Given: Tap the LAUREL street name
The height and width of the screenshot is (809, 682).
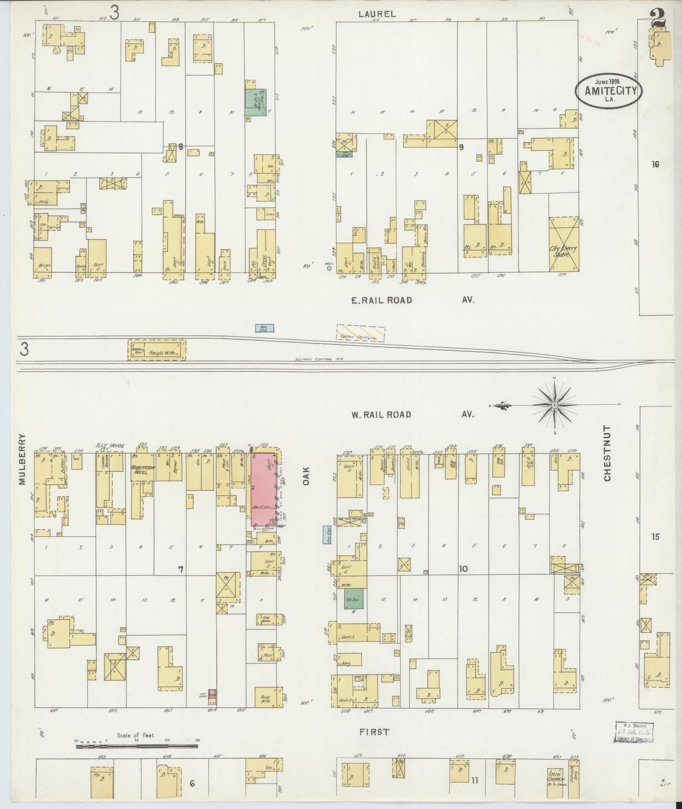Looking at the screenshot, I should (377, 14).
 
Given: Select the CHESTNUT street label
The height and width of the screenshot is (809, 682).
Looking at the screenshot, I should (608, 453).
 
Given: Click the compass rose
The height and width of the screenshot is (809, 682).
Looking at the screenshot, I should (554, 405).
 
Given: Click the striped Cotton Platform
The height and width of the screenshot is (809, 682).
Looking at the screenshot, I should (361, 332).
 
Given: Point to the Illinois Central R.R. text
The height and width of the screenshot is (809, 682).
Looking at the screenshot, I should (319, 359).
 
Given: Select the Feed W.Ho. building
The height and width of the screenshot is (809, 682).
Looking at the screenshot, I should (266, 697).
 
